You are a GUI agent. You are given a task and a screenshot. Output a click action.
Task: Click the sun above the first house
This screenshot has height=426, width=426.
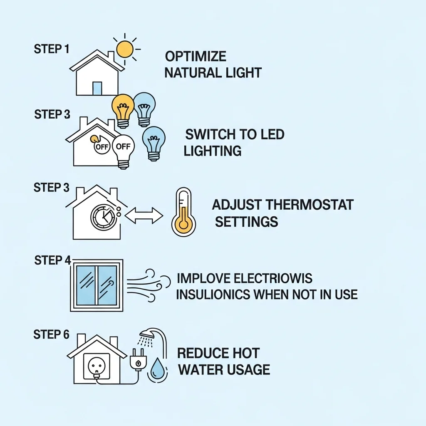tap(125, 49)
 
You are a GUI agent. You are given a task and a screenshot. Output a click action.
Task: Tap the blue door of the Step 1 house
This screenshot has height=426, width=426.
tap(97, 88)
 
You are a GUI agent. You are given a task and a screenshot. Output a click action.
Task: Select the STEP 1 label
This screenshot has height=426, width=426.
tap(51, 49)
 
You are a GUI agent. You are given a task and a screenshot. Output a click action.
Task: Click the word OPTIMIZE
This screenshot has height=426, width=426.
tap(196, 57)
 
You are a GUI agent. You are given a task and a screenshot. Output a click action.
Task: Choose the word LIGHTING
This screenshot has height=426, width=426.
tap(213, 151)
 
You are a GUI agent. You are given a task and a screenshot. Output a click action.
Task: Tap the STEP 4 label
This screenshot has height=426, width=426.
tap(53, 260)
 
